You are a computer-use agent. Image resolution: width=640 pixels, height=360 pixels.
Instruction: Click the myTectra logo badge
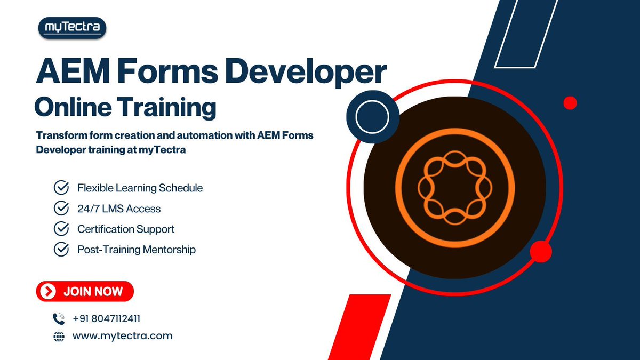pos(72,28)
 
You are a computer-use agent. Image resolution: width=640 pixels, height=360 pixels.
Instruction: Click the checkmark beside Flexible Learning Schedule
pos(61,188)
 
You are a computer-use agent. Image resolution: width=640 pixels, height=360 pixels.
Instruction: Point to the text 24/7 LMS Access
pos(119,209)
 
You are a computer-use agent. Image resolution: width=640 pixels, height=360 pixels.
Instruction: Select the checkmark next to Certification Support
pos(61,229)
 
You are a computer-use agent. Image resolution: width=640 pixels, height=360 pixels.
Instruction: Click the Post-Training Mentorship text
pos(137,249)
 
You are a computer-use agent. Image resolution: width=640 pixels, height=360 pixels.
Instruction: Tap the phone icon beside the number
pos(59,319)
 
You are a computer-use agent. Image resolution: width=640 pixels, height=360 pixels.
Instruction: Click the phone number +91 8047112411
pos(107,319)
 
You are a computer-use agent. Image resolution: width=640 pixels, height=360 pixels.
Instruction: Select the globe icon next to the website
pos(59,337)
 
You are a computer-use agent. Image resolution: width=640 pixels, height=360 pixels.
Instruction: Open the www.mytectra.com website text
pos(122,336)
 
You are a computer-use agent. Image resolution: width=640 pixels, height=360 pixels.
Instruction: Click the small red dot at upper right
pos(570,103)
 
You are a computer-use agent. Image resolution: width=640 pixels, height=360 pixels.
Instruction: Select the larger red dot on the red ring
pos(541,251)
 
